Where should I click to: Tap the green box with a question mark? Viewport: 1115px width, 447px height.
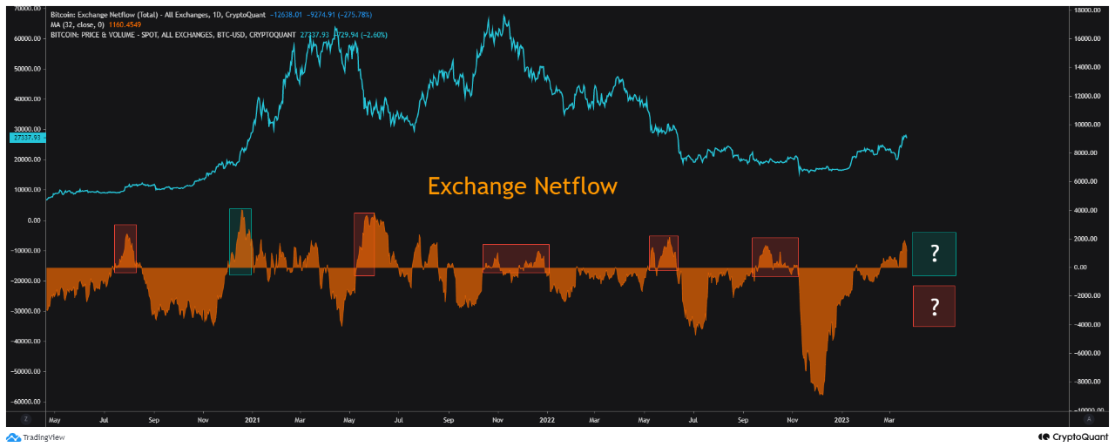[934, 254]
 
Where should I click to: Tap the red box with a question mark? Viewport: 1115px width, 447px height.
[934, 306]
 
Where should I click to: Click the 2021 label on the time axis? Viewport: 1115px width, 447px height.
[252, 420]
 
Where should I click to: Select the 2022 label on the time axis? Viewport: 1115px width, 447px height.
[548, 420]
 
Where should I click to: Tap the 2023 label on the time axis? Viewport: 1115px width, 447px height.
[841, 420]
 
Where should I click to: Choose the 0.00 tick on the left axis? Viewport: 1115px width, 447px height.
[33, 220]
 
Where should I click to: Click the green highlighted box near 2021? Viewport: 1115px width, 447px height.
[240, 241]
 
